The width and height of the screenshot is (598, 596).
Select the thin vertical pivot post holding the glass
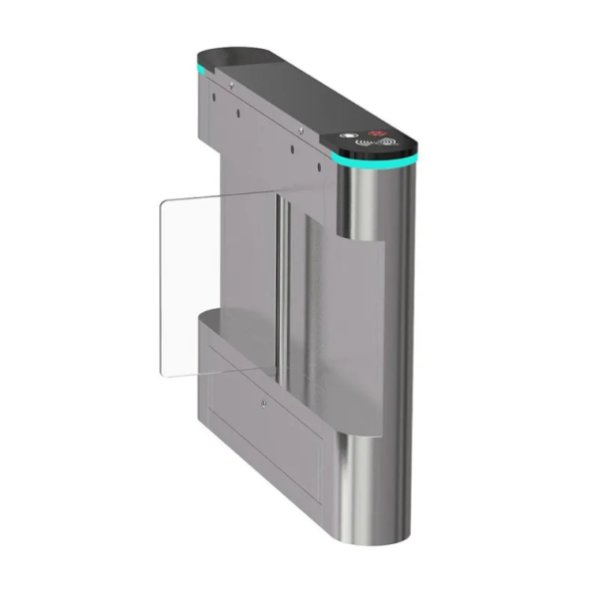click(282, 299)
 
